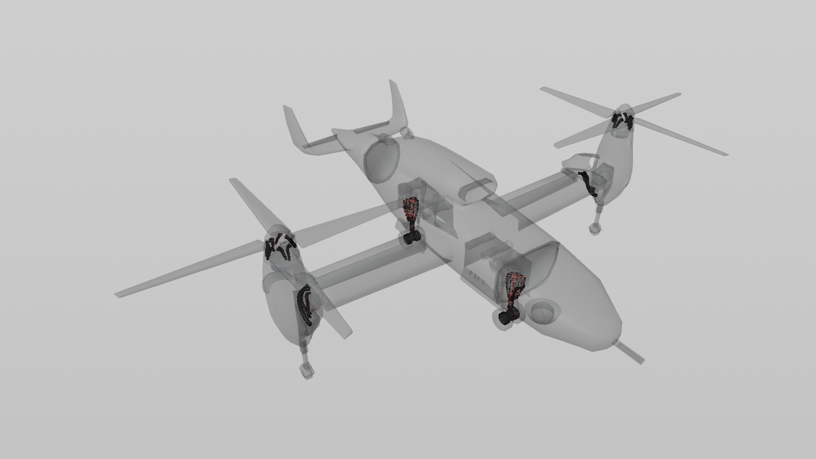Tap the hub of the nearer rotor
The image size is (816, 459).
(x=278, y=246)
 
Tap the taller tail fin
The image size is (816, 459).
(x=398, y=104)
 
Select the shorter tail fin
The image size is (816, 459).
(x=293, y=123)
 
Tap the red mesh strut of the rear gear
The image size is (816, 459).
(x=411, y=210)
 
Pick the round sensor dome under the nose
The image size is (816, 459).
(x=542, y=312)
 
